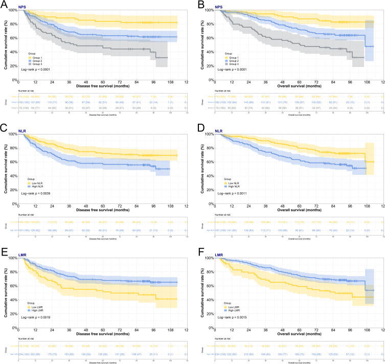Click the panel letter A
pos(5,4)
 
